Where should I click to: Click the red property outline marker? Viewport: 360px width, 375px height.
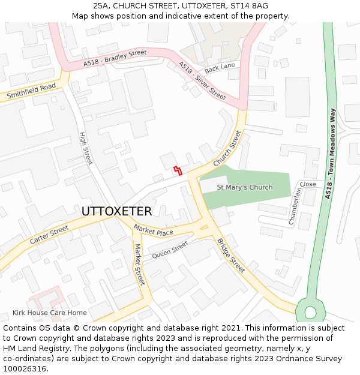177,170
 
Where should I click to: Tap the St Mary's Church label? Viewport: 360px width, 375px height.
244,187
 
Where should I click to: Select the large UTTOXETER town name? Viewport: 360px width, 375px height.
116,211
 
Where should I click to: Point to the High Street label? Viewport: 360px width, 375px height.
86,148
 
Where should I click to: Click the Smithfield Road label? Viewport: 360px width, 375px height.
31,91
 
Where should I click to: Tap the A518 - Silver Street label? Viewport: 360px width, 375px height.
202,80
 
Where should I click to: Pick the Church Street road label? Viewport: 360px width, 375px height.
227,149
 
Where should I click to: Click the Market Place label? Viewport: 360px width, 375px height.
153,230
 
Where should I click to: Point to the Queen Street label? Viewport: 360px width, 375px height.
170,249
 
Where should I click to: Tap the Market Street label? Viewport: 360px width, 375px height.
140,265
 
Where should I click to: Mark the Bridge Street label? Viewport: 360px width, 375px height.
231,255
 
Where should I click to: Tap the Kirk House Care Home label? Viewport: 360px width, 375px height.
50,313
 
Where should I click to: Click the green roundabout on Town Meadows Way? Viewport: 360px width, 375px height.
310,312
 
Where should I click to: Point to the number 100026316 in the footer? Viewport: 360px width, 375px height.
25,368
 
